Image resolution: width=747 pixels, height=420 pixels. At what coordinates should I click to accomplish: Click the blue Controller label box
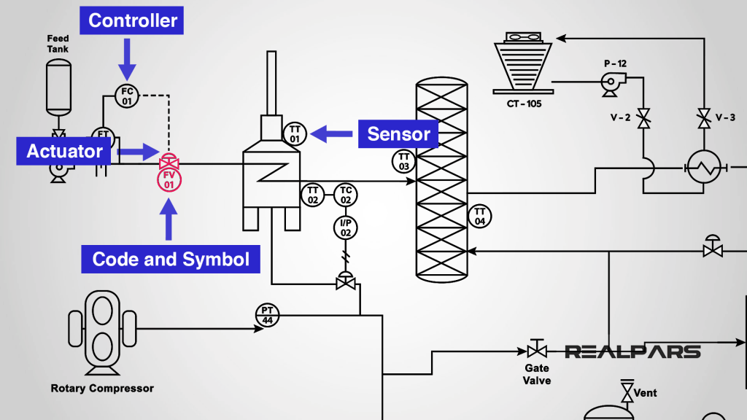132,20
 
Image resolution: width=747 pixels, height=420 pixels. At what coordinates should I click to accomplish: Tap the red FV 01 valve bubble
169,179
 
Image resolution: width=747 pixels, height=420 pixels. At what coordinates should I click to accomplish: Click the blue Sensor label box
398,133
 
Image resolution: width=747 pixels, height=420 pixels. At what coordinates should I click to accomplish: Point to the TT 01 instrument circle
295,133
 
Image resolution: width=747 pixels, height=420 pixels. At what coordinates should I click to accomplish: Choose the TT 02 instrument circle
313,195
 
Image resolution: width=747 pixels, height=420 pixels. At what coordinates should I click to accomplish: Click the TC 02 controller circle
346,195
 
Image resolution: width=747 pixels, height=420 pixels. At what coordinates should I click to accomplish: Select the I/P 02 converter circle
346,227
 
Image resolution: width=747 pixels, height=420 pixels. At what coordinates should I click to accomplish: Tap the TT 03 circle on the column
403,162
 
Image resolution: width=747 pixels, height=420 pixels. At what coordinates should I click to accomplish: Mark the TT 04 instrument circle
479,216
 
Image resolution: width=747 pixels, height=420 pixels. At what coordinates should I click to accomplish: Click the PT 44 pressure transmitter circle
266,315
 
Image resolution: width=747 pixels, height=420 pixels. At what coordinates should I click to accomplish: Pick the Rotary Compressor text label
102,388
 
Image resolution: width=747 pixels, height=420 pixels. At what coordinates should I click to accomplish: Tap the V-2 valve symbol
643,118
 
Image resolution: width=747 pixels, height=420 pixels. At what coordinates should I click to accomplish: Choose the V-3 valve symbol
704,118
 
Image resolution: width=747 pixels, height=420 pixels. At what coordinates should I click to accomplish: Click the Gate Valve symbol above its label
538,349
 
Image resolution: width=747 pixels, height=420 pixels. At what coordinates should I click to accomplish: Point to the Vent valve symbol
626,392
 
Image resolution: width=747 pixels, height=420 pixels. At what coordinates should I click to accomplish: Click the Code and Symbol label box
171,259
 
